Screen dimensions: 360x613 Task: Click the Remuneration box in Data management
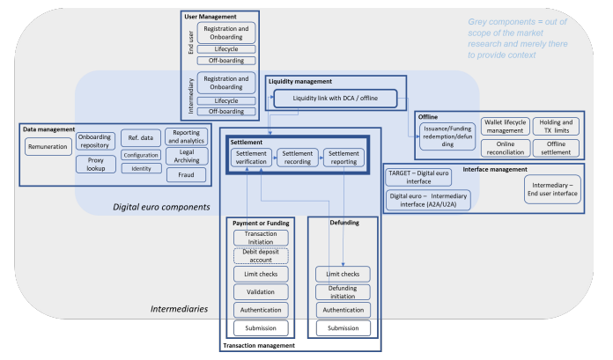pyautogui.click(x=48, y=147)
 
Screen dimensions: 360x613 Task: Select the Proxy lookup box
pyautogui.click(x=95, y=165)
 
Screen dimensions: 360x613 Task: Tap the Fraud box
pyautogui.click(x=186, y=174)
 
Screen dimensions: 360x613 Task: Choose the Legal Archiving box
pyautogui.click(x=186, y=156)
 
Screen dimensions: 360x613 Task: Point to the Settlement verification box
pyautogui.click(x=251, y=158)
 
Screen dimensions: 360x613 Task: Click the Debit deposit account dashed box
pyautogui.click(x=261, y=256)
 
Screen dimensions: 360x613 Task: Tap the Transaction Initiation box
pyautogui.click(x=261, y=238)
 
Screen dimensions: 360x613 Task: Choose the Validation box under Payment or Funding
pyautogui.click(x=261, y=291)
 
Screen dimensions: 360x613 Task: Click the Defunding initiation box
pyautogui.click(x=342, y=291)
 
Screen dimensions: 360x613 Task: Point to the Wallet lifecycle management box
pyautogui.click(x=505, y=126)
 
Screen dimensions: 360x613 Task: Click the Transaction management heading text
pyautogui.click(x=258, y=346)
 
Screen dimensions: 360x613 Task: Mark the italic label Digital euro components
pyautogui.click(x=161, y=207)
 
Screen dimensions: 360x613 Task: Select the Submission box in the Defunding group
pyautogui.click(x=342, y=327)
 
